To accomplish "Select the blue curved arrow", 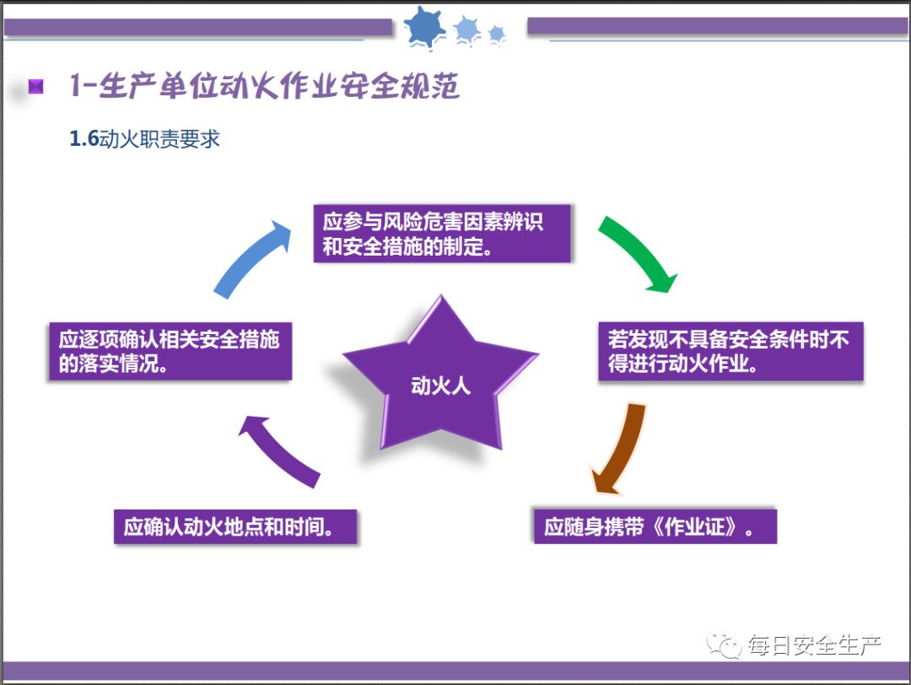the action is [x=250, y=256].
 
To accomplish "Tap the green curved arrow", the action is [x=639, y=251].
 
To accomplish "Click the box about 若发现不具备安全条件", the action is [x=731, y=352].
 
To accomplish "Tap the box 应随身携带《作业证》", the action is [x=655, y=526].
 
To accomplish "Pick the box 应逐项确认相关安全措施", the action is [x=170, y=352].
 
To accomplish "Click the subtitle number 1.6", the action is [x=84, y=139].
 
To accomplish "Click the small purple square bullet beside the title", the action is [x=35, y=86].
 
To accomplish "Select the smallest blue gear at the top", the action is [x=496, y=34].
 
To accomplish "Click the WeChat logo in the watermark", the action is [x=725, y=646].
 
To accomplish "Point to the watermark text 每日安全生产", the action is [x=814, y=647].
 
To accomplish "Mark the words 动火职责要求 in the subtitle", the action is [x=159, y=139].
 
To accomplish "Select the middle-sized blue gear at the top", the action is [x=466, y=30].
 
